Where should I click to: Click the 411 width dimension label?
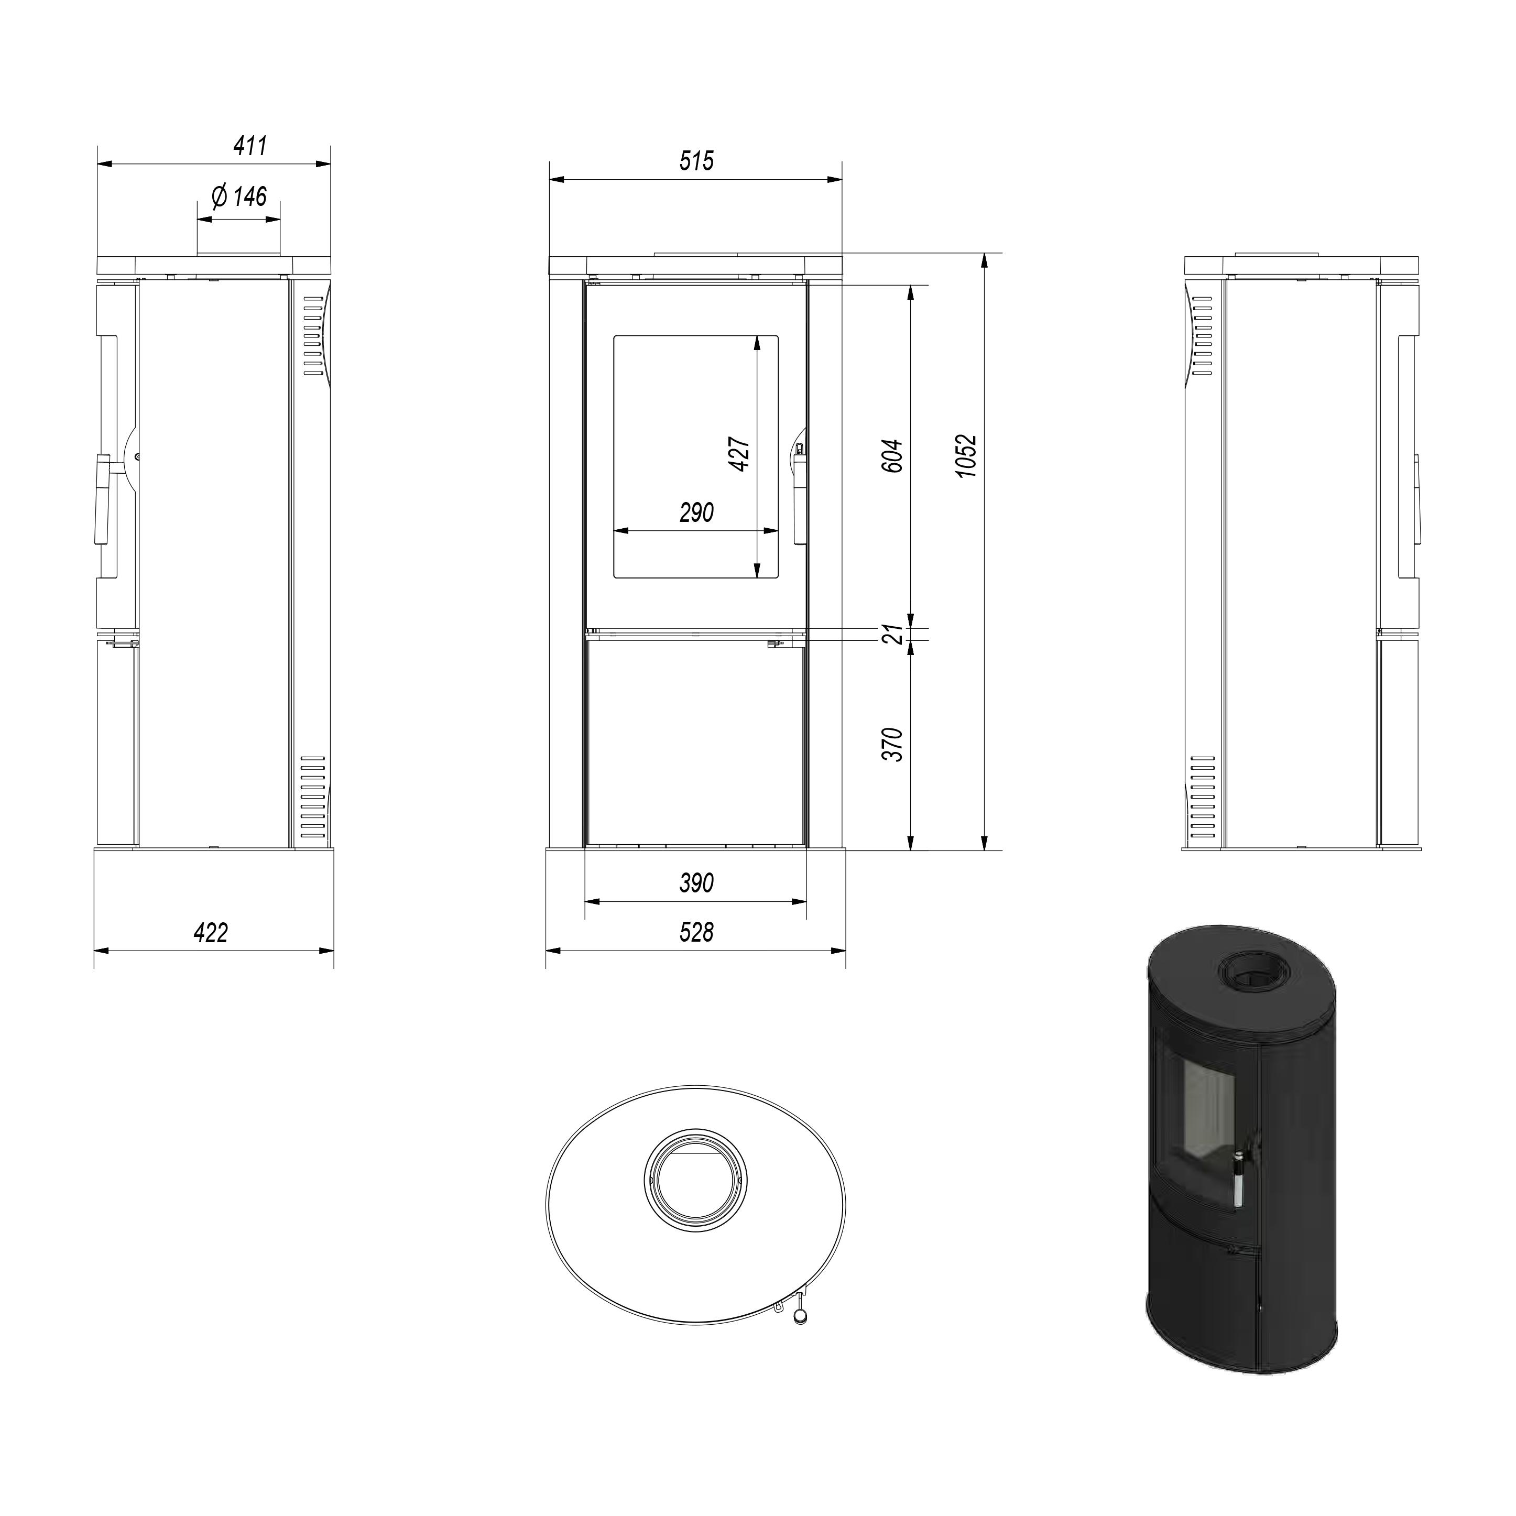[250, 146]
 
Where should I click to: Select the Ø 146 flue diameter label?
[239, 196]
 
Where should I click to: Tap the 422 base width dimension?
[211, 932]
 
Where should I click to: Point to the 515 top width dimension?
[697, 161]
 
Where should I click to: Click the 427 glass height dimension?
[740, 454]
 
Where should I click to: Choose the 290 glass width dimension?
[697, 512]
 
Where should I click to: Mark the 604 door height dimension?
[893, 456]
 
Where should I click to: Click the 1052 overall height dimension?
[967, 456]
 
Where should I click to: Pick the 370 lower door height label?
[893, 745]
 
